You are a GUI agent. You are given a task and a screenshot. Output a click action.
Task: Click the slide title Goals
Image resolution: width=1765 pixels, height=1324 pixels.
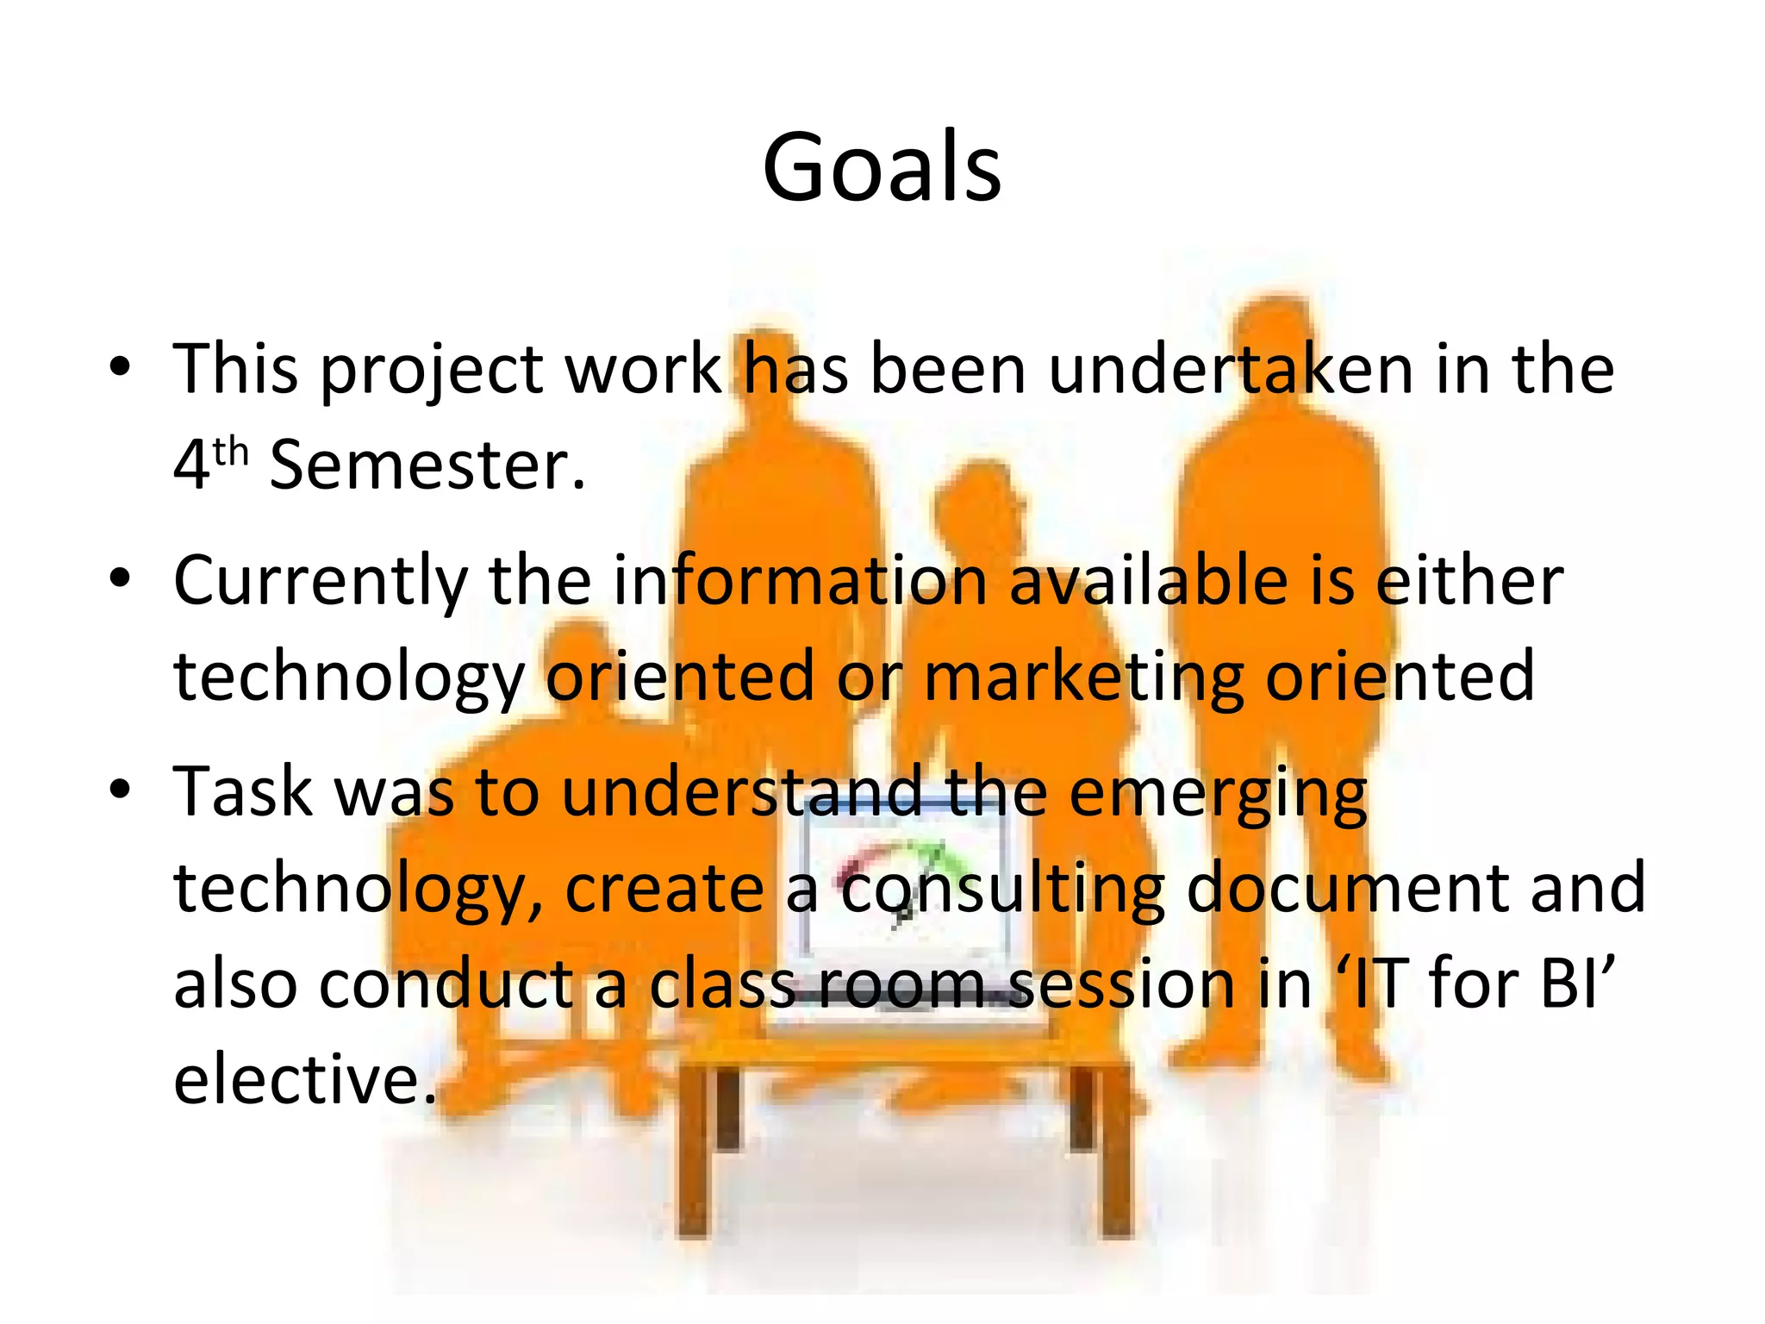[882, 167]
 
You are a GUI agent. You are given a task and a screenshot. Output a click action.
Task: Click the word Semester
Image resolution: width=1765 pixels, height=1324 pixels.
[427, 465]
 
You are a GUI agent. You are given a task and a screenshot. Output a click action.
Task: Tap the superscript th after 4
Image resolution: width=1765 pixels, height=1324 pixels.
[230, 452]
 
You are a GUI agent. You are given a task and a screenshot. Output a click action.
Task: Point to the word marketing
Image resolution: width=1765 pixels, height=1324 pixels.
[1083, 677]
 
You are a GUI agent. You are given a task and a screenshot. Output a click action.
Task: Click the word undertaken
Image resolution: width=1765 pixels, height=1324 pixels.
[1230, 371]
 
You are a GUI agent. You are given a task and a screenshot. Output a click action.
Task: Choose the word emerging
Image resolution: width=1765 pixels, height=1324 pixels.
[1218, 793]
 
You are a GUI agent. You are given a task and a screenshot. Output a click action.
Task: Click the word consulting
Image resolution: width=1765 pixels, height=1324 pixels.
[1002, 890]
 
